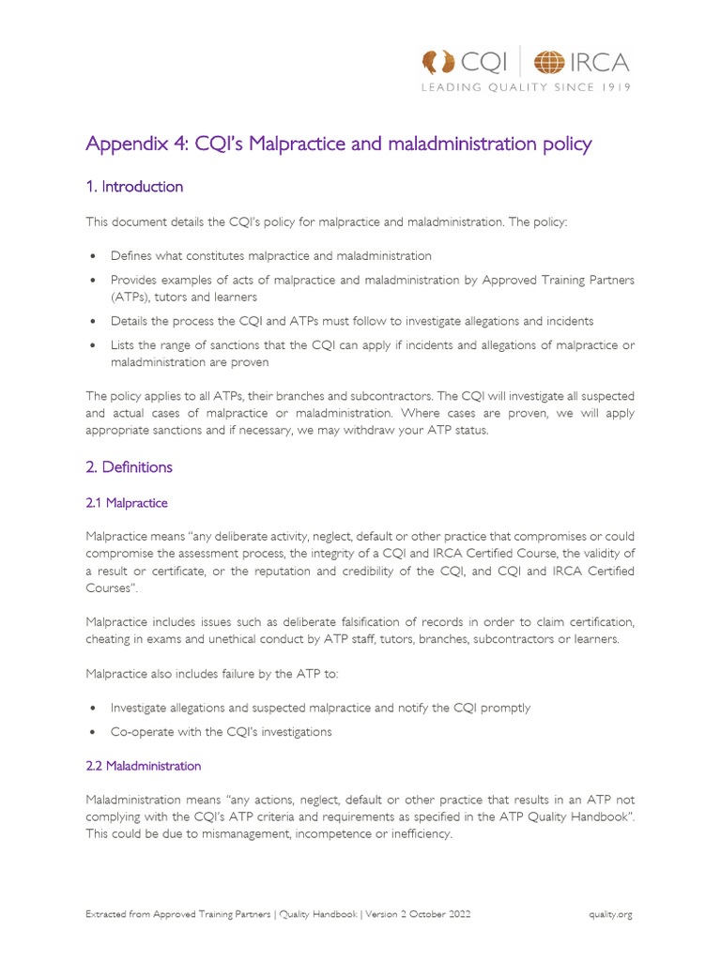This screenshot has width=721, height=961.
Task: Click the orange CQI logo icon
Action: [x=438, y=63]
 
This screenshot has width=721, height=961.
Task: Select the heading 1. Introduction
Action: [x=134, y=187]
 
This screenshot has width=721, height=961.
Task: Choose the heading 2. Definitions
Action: [x=130, y=466]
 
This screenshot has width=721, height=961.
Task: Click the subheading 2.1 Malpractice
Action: [x=127, y=504]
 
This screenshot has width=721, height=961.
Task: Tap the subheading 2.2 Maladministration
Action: [x=144, y=766]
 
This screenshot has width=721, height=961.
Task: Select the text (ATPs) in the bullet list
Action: [x=130, y=297]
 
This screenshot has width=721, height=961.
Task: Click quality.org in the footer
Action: [x=610, y=914]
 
